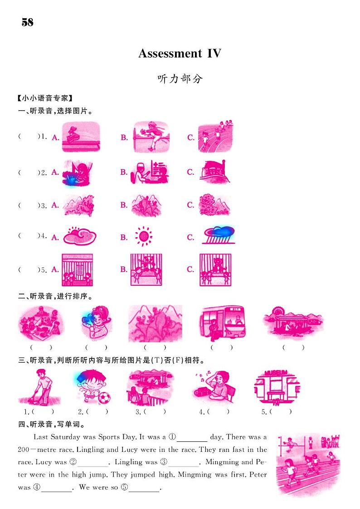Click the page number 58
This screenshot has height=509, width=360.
[27, 22]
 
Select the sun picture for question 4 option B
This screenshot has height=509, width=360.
[143, 236]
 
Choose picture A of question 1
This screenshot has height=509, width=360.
[81, 137]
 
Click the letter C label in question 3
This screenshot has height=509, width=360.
[190, 205]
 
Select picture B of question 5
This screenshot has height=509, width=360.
[146, 269]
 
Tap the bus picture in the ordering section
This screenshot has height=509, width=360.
[222, 323]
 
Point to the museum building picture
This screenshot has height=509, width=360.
[277, 387]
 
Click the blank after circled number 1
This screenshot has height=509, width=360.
[192, 437]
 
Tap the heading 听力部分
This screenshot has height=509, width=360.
[180, 78]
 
